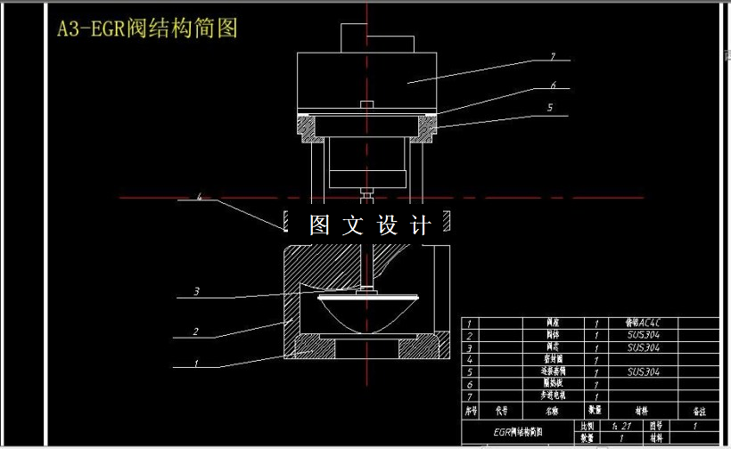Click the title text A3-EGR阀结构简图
click(147, 29)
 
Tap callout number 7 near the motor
click(553, 57)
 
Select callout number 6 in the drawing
click(553, 86)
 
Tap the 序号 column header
click(472, 411)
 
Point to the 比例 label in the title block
click(587, 427)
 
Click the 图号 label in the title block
click(656, 427)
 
